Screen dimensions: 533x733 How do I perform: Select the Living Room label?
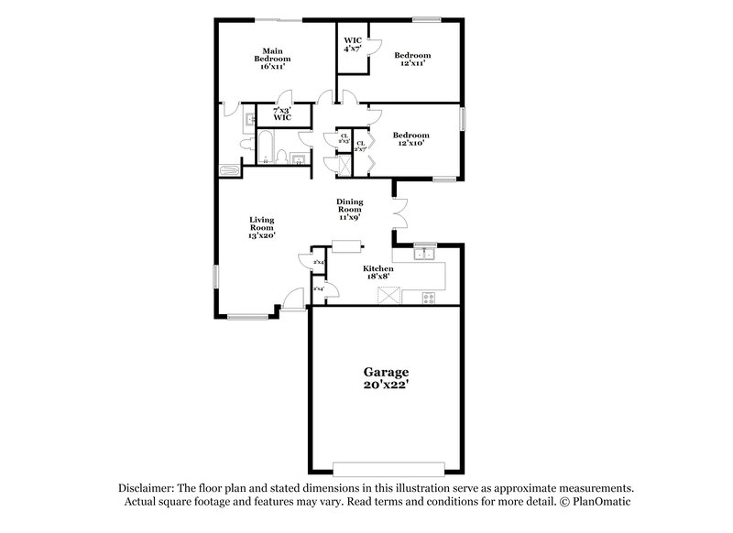(262, 223)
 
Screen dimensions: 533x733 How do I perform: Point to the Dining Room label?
(351, 207)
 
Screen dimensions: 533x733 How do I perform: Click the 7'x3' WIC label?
(282, 114)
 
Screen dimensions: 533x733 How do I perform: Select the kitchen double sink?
(422, 254)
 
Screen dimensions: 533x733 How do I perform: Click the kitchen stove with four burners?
(428, 297)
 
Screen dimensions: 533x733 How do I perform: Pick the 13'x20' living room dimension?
(262, 235)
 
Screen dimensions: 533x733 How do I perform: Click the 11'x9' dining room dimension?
(351, 217)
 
